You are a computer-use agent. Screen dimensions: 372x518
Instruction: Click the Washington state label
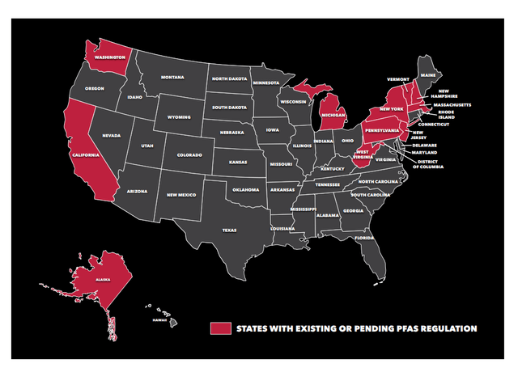(109, 58)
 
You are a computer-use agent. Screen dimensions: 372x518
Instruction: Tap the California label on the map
(84, 154)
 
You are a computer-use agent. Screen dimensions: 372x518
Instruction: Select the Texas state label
(231, 230)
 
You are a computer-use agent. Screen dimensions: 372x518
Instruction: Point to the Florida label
(363, 238)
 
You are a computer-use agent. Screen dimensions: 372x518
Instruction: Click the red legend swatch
(219, 328)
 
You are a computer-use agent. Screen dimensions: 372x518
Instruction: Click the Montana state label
(172, 77)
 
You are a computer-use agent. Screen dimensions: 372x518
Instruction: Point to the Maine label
(428, 75)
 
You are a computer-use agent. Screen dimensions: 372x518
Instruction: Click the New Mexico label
(182, 195)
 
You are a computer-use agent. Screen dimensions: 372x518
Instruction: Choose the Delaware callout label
(427, 145)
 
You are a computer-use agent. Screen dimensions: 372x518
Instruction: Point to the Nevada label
(110, 136)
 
